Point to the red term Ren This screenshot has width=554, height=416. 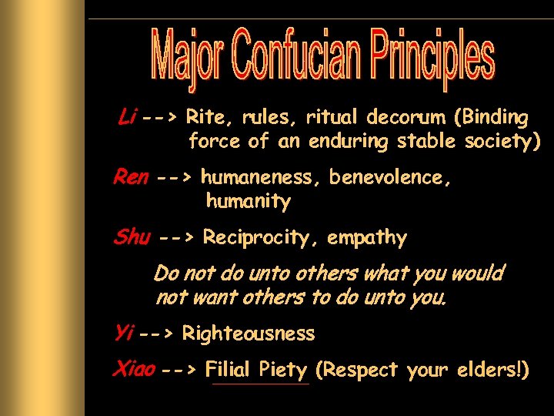point(130,177)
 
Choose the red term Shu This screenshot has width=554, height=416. point(132,237)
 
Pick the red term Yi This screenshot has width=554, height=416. point(123,333)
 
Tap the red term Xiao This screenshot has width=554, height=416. point(133,370)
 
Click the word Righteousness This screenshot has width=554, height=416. point(249,334)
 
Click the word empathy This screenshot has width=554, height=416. point(366,238)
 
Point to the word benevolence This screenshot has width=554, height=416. point(390,178)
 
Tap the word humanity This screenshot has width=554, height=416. point(248,202)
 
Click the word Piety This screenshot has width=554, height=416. point(283,370)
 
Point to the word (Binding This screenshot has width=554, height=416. point(492,118)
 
